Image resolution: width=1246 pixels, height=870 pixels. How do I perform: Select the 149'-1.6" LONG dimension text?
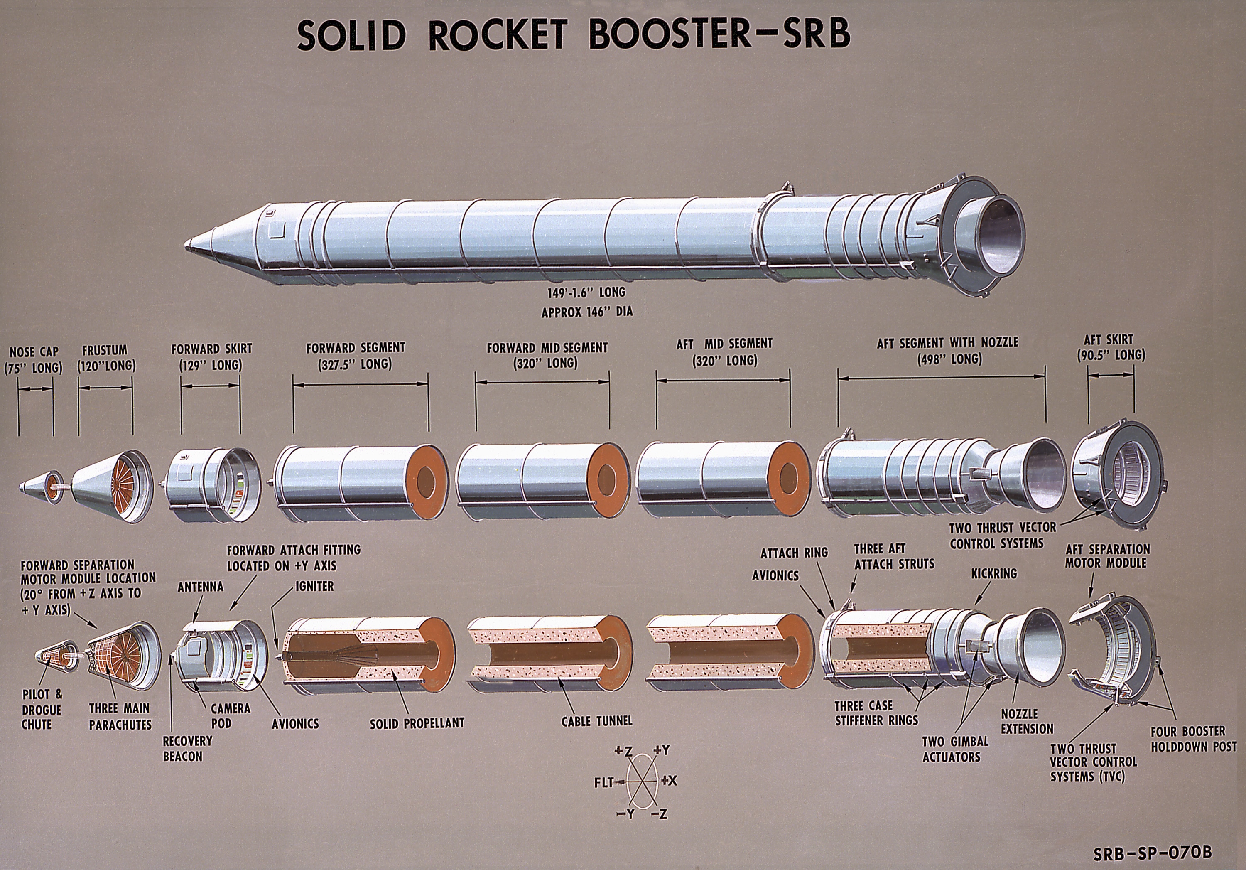[x=586, y=293]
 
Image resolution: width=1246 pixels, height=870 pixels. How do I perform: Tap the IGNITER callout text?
[x=315, y=587]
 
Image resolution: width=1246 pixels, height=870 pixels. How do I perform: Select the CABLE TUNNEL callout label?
[x=597, y=721]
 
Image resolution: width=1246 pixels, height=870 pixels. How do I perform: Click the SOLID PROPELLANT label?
[x=417, y=723]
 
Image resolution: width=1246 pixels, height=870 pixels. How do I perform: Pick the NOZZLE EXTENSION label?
[x=1027, y=721]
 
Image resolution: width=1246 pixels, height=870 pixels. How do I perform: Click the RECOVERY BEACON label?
[x=187, y=748]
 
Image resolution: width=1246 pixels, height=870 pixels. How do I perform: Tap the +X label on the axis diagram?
[x=669, y=780]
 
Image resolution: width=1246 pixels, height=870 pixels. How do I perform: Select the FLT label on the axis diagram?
[x=603, y=782]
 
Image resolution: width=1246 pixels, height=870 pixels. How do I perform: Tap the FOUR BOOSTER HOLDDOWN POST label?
[x=1193, y=739]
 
